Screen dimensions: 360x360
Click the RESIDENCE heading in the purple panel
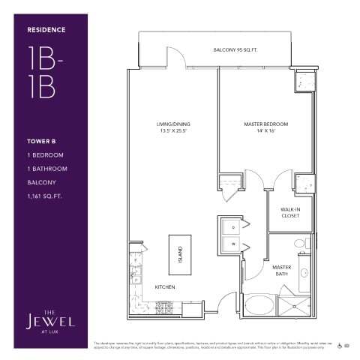click(46, 30)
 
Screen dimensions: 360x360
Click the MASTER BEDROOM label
click(266, 123)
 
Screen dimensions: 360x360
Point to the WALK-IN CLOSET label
click(290, 212)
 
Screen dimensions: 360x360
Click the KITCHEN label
click(165, 287)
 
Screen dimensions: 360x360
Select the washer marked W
click(233, 244)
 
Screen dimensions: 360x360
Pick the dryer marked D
click(233, 225)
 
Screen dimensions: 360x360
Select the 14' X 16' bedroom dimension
click(266, 131)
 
